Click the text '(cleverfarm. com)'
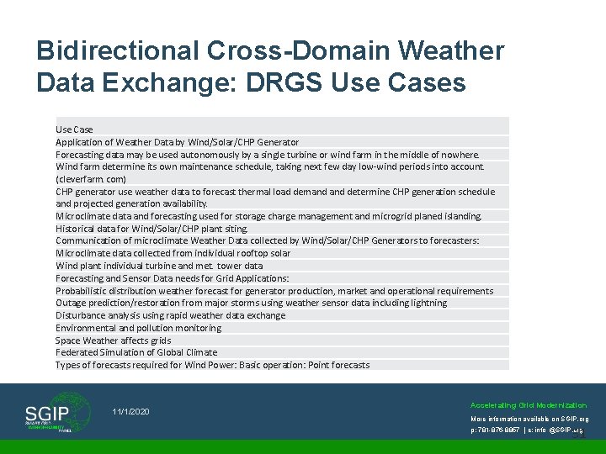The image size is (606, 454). point(91,179)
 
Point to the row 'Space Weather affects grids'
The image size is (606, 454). point(113,340)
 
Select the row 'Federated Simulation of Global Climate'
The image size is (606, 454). point(136,352)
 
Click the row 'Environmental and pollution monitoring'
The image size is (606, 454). point(139,328)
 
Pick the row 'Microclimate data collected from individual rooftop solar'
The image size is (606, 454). point(173,253)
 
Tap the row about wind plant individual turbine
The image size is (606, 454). point(159,266)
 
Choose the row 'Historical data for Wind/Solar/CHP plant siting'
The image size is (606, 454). point(152,229)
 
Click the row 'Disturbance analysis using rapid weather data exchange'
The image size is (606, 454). point(170,315)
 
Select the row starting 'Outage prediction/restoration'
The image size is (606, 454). point(251,303)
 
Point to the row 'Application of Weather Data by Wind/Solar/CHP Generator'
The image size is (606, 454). point(177,142)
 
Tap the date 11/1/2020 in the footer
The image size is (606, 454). point(130,411)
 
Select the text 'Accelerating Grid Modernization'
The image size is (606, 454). point(529,405)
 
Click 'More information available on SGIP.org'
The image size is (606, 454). point(529,419)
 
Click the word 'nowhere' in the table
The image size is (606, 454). point(460,155)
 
